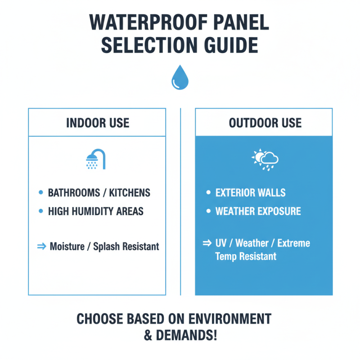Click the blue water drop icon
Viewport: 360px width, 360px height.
point(180,78)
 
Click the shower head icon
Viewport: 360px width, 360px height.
point(95,159)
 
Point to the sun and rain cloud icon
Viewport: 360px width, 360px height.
point(265,159)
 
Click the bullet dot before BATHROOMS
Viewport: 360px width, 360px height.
point(40,193)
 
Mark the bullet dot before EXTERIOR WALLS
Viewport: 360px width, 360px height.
point(208,193)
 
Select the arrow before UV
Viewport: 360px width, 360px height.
point(207,243)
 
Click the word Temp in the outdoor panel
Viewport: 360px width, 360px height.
point(226,257)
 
